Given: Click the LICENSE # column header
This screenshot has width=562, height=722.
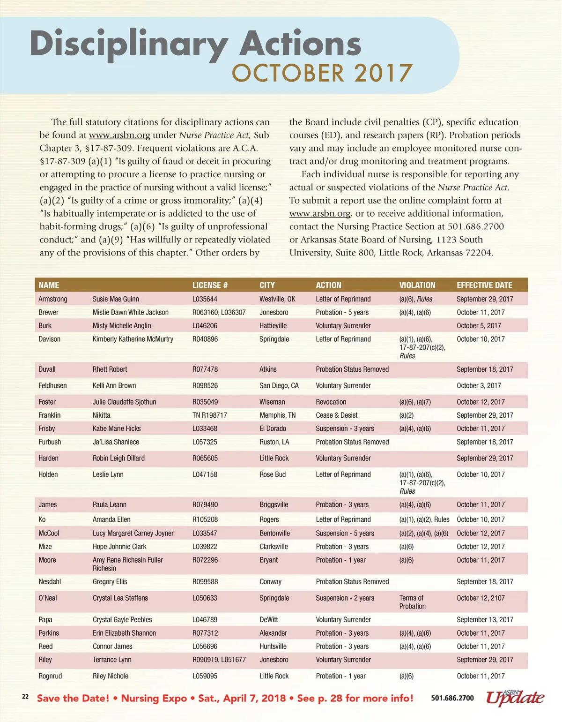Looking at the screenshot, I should click(x=210, y=285).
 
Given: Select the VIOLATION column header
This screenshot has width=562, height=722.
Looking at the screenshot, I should click(x=417, y=285).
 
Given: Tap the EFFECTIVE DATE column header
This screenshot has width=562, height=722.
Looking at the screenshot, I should click(x=484, y=285).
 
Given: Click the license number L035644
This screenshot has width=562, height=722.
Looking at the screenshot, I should click(x=205, y=299).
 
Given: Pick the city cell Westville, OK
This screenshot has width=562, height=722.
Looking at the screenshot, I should click(x=277, y=299).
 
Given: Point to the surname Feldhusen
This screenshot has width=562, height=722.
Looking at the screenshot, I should click(x=52, y=385).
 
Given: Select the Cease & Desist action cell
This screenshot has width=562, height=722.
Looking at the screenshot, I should click(x=336, y=415).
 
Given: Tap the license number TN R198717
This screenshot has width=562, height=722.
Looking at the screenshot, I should click(x=209, y=415).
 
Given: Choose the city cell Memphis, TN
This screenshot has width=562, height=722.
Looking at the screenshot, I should click(x=277, y=415).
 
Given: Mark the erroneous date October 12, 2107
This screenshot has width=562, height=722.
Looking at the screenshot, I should click(x=481, y=598).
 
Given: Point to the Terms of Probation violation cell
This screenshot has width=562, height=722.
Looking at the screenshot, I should click(x=412, y=602).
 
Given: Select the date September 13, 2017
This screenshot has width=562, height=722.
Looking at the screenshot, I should click(x=485, y=619).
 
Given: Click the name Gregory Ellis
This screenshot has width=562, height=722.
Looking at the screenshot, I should click(x=110, y=581).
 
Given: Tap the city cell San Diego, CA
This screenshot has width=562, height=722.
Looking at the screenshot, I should click(x=279, y=385).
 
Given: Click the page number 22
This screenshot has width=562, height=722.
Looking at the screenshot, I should click(x=25, y=697).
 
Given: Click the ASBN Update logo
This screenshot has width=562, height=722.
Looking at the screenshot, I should click(x=515, y=698).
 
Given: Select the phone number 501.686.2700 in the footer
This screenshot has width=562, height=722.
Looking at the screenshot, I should click(x=452, y=698).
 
